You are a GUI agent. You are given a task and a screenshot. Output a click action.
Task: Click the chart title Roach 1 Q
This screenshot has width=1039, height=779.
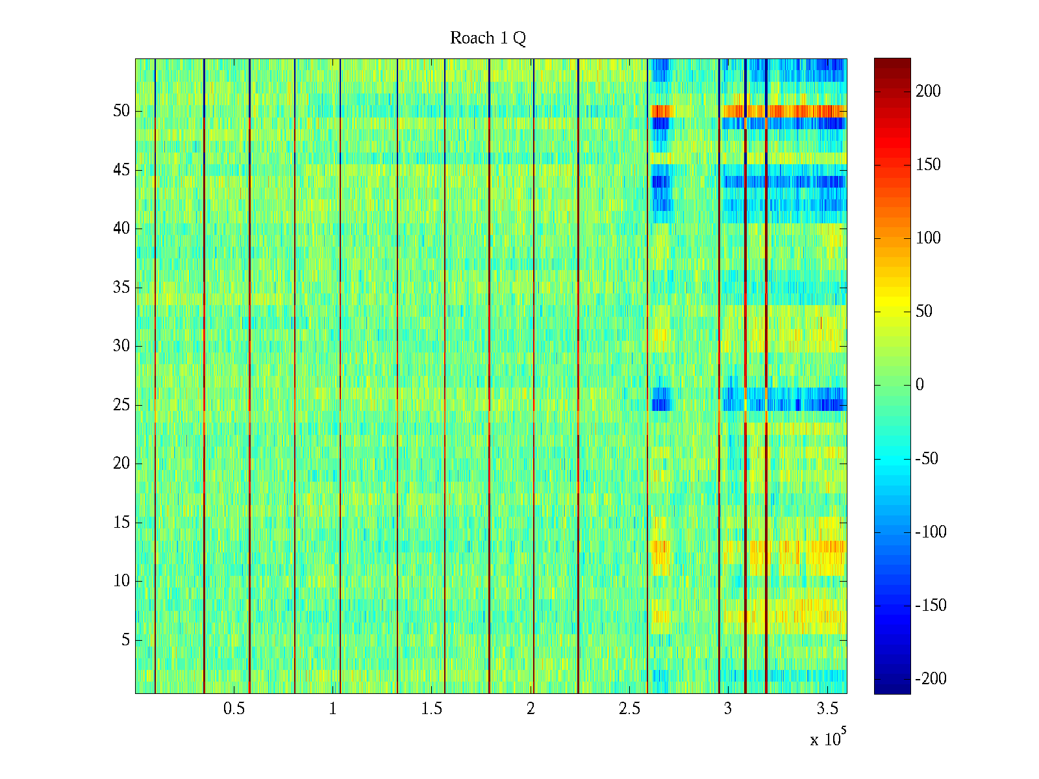point(488,38)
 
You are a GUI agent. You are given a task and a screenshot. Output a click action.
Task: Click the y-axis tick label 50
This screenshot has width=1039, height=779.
point(121,111)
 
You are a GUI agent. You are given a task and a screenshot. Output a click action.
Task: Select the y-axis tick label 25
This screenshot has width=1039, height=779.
point(121,405)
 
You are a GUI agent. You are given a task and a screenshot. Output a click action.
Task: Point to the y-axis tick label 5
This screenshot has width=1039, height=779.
point(125,640)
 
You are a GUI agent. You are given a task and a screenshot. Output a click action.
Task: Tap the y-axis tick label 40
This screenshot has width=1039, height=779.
point(121,229)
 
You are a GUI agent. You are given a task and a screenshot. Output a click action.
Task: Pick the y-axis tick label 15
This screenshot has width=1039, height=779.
point(121,523)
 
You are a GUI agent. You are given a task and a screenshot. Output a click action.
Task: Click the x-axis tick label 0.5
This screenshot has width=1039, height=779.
point(234,709)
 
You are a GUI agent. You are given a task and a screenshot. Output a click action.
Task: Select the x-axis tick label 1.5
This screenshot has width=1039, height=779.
point(432,709)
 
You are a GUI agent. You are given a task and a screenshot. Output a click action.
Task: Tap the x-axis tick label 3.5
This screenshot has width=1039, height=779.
point(827,709)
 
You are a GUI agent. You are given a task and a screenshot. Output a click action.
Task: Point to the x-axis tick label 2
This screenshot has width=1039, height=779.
point(531,709)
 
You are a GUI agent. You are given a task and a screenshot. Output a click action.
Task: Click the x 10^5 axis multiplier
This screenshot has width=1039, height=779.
point(827,738)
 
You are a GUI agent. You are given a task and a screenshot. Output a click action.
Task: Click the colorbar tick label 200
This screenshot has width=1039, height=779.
point(928,92)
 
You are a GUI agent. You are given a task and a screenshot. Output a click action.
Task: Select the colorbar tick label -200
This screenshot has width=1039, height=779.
point(930,679)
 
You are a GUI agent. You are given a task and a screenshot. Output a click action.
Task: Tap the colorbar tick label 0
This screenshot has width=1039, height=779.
point(920,385)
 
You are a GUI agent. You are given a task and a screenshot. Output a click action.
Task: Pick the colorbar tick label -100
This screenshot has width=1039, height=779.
point(930,532)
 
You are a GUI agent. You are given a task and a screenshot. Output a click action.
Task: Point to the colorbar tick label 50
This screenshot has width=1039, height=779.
point(924,312)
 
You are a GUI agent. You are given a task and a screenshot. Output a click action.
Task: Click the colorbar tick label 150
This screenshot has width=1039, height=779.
point(928,165)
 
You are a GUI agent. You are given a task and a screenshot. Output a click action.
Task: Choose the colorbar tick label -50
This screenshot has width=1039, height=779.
point(927,459)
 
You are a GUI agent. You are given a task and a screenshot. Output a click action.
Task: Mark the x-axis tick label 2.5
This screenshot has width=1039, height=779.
point(629,709)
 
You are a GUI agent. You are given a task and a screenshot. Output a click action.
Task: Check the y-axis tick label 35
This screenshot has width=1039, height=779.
point(121,288)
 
